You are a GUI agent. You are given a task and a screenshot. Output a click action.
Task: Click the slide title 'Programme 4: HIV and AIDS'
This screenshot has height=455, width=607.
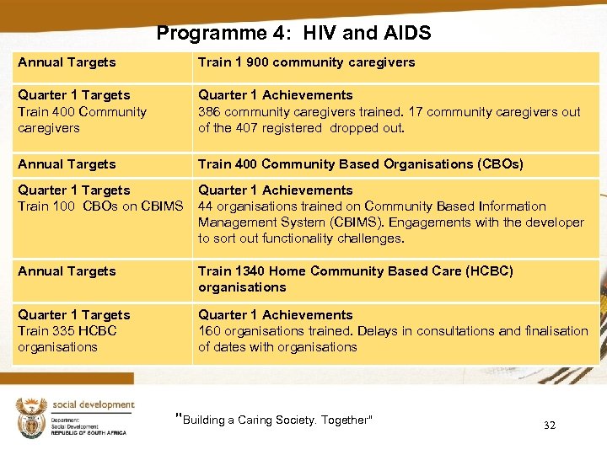(293, 33)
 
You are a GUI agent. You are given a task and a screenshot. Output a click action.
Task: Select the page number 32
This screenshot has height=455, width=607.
(550, 426)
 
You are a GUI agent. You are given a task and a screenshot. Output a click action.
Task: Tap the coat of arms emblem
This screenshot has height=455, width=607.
(31, 418)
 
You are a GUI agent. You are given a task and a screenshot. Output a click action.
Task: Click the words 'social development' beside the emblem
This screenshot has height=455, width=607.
(93, 404)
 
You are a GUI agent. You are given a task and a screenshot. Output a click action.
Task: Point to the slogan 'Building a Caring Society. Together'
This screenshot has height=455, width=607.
(274, 420)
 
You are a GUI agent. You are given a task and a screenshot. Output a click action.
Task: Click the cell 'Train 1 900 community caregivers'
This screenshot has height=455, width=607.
(306, 62)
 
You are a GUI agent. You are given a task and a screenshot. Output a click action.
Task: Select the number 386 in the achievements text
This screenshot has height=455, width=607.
(209, 112)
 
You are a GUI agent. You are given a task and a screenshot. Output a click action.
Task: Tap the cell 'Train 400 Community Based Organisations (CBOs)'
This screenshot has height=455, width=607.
(360, 164)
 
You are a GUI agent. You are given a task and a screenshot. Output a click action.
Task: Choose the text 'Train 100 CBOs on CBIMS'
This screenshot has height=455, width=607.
(100, 206)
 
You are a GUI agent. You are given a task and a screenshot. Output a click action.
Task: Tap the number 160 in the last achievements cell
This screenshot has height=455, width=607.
(209, 331)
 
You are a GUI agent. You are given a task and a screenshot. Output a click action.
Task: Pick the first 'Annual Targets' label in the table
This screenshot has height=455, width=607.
(67, 62)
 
